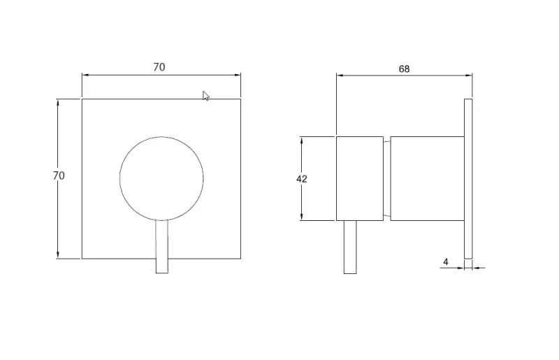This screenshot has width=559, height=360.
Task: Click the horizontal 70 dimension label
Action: pyautogui.click(x=159, y=67)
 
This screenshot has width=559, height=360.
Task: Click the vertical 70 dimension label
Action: pyautogui.click(x=59, y=176)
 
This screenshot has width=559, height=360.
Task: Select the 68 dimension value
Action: pyautogui.click(x=404, y=69)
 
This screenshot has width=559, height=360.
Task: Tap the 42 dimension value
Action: pyautogui.click(x=302, y=179)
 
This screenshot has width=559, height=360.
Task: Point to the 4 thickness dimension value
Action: pyautogui.click(x=446, y=262)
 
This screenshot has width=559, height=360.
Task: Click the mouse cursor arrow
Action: pyautogui.click(x=206, y=96)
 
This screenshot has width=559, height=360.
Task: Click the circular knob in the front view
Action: pyautogui.click(x=161, y=178)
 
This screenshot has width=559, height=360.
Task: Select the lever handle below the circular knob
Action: pyautogui.click(x=161, y=248)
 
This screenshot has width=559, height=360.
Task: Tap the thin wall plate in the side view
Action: pyautogui.click(x=468, y=179)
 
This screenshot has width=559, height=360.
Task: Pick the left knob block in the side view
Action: pyautogui.click(x=359, y=179)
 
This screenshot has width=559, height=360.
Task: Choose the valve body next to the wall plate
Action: pyautogui.click(x=427, y=179)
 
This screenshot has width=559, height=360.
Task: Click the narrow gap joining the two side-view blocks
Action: pyautogui.click(x=386, y=179)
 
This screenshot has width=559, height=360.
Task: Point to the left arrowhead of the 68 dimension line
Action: pyautogui.click(x=339, y=74)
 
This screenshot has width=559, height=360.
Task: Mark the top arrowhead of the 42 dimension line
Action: pyautogui.click(x=302, y=139)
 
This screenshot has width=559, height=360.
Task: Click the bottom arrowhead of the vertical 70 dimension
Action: pyautogui.click(x=59, y=256)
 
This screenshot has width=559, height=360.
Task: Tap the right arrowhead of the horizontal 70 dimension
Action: pyautogui.click(x=238, y=74)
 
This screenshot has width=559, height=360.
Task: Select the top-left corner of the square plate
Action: pyautogui.click(x=82, y=99)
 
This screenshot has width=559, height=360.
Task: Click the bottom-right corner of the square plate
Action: pyautogui.click(x=241, y=259)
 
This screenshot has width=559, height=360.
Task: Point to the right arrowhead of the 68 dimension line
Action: pyautogui.click(x=470, y=74)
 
